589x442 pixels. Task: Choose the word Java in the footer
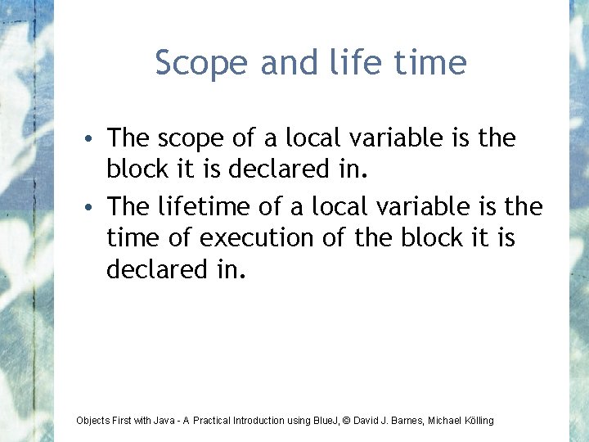pyautogui.click(x=164, y=421)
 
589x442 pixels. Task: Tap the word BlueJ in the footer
pyautogui.click(x=326, y=421)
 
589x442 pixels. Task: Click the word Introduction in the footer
pyautogui.click(x=260, y=421)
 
